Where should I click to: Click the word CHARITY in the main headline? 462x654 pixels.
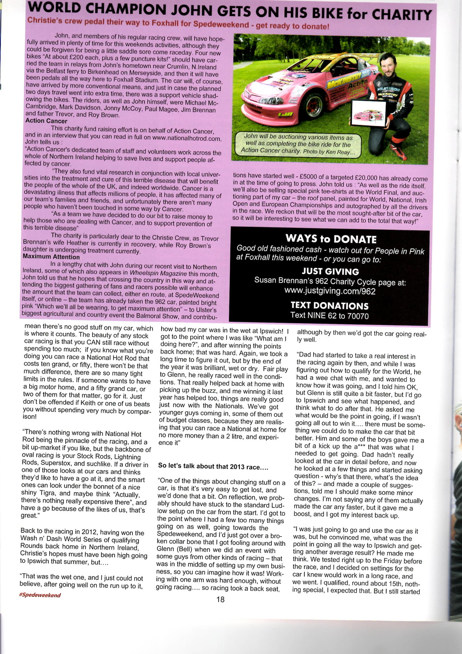(x=401, y=15)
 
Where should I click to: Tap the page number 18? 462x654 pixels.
(x=220, y=599)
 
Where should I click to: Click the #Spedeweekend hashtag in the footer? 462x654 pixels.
(x=40, y=595)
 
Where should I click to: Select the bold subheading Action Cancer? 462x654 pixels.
(x=46, y=121)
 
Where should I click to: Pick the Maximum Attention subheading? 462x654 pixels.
(x=51, y=257)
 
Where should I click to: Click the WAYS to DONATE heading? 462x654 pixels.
(x=330, y=238)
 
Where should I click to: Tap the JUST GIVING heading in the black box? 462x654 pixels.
(x=330, y=271)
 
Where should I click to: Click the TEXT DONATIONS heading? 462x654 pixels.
(x=330, y=305)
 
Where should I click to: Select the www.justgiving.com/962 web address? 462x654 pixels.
(x=330, y=291)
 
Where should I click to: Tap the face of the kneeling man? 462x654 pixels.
(x=388, y=67)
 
